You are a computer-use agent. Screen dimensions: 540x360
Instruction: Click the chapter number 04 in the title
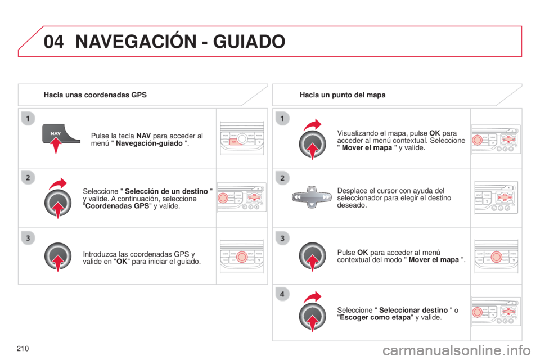click(54, 42)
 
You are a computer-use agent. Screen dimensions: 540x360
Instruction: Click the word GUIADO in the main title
click(249, 42)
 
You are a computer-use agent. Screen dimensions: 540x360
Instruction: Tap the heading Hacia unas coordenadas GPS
click(95, 94)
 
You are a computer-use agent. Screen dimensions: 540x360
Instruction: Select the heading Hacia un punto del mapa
click(343, 94)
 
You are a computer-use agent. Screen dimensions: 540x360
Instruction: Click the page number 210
click(22, 349)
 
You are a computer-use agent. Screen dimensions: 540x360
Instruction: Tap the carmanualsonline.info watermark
click(457, 350)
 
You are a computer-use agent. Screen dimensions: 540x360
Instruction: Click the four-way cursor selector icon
click(312, 197)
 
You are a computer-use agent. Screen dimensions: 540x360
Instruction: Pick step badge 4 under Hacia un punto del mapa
click(282, 294)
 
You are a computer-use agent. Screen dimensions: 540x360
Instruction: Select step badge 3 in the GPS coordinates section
click(28, 238)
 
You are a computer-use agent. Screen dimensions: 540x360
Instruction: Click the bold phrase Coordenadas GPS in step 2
click(117, 206)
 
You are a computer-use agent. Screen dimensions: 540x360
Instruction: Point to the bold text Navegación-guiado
click(149, 143)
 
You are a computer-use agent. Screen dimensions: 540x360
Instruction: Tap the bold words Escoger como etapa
click(375, 317)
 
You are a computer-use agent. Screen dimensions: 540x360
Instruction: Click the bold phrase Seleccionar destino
click(413, 310)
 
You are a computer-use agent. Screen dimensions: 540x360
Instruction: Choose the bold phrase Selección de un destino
click(166, 191)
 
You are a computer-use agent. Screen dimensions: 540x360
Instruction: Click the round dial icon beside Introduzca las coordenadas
click(58, 257)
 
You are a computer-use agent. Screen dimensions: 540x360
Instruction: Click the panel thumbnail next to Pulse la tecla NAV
click(242, 138)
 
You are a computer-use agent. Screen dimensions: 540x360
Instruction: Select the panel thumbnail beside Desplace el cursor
click(496, 197)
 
